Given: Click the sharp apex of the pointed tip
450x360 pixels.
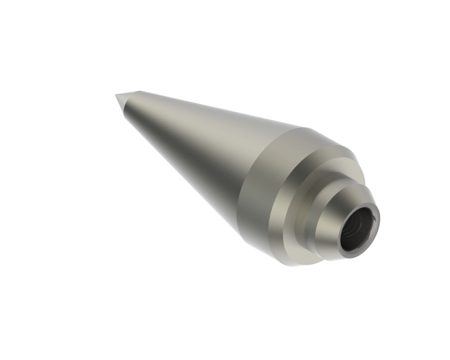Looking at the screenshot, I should [116, 95].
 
